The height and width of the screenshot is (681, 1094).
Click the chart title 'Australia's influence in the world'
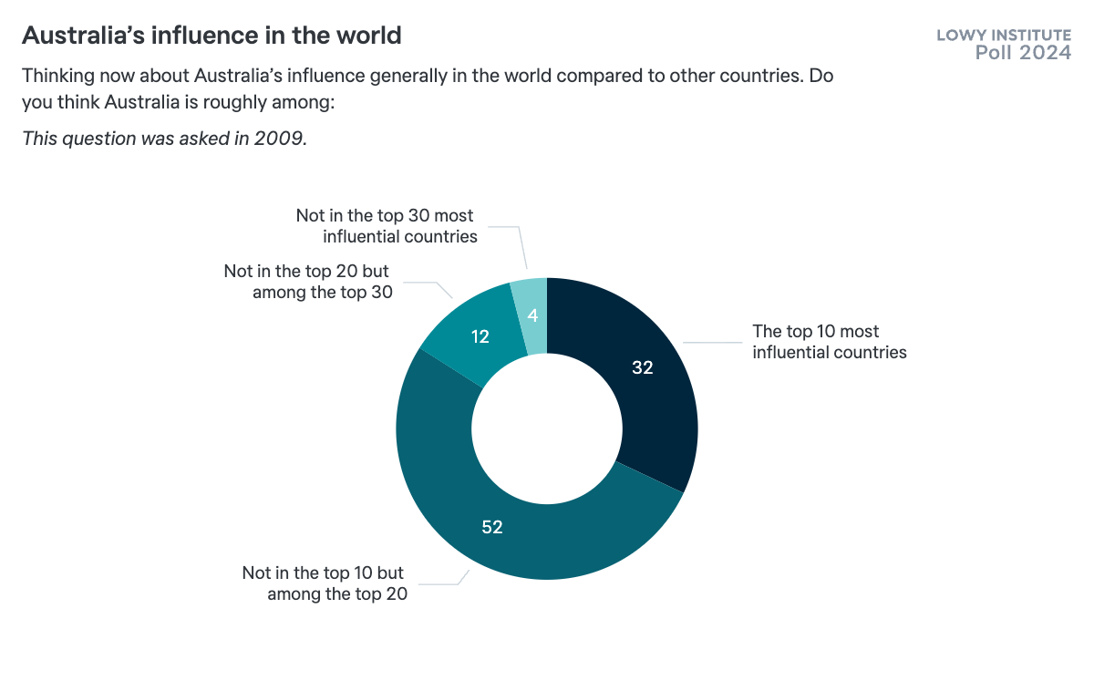211,36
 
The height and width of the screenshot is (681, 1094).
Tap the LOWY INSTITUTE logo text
1004,36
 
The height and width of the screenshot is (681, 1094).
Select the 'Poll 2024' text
1023,53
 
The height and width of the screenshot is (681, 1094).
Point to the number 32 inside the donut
644,367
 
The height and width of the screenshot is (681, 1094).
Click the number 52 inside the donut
492,527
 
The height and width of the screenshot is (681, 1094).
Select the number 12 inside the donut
480,336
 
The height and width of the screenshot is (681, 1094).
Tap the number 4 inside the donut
532,316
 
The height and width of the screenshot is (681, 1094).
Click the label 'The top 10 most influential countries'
829,342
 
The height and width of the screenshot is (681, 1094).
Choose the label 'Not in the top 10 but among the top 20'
324,583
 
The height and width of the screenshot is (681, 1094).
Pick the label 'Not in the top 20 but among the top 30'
308,282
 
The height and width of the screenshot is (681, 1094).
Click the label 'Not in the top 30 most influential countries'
386,226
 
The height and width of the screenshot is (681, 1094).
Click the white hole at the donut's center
547,428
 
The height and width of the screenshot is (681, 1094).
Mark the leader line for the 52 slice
447,583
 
